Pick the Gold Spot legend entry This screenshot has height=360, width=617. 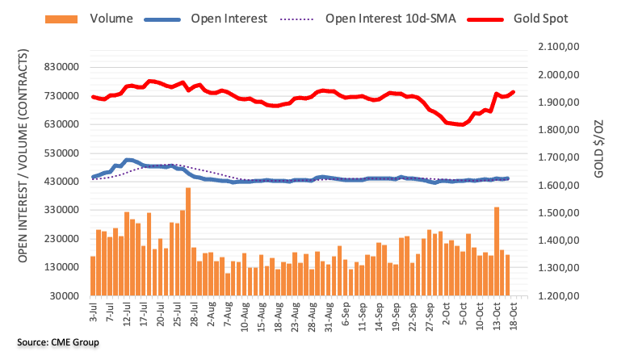(542, 17)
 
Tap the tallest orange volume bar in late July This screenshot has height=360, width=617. (188, 242)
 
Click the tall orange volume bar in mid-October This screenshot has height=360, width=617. (496, 251)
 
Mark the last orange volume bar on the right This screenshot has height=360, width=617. (507, 275)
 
